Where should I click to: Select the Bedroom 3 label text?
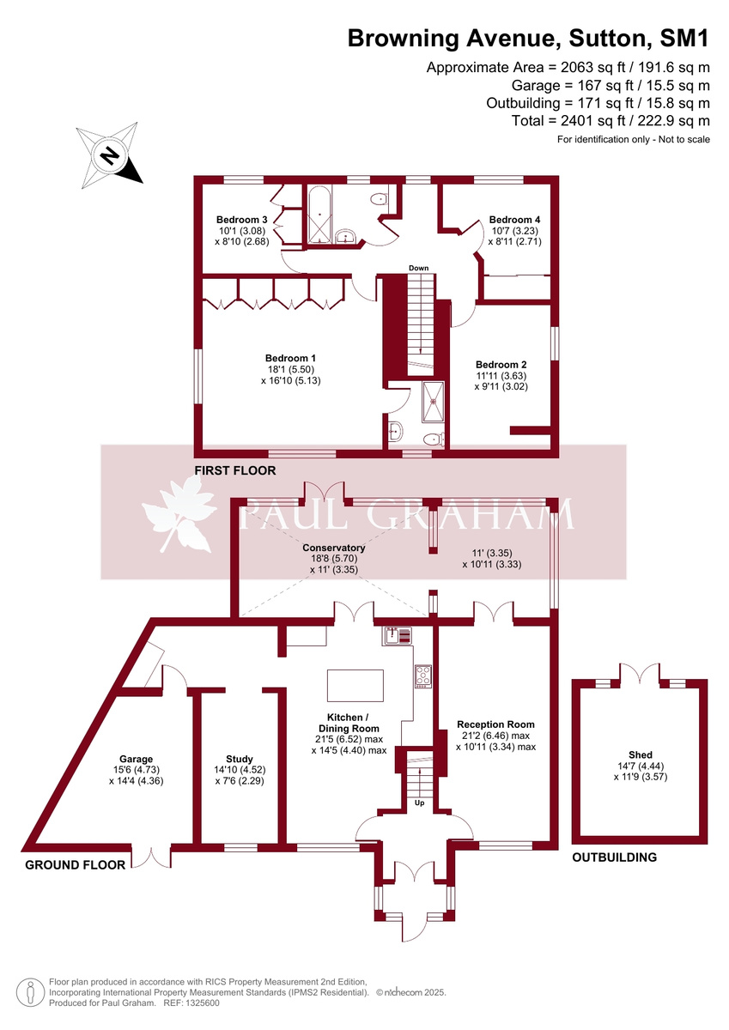242,220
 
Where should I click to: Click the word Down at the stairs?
418,269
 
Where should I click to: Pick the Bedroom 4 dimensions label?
514,236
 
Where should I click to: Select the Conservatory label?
334,548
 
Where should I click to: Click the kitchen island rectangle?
355,687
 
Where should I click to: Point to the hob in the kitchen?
422,676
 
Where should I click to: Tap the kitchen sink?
398,635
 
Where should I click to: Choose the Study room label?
240,759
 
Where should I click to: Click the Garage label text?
136,759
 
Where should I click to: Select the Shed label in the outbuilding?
640,755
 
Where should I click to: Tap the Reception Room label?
495,724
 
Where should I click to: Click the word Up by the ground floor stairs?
421,803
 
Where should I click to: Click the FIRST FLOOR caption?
234,470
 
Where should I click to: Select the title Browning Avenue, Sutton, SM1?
528,38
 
